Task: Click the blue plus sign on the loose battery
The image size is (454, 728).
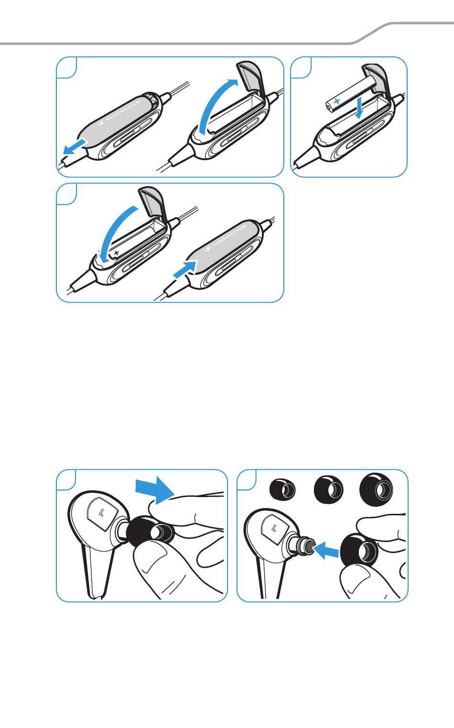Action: [337, 101]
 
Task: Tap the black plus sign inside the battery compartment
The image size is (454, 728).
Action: [117, 252]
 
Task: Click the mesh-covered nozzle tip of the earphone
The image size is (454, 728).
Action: [310, 547]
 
